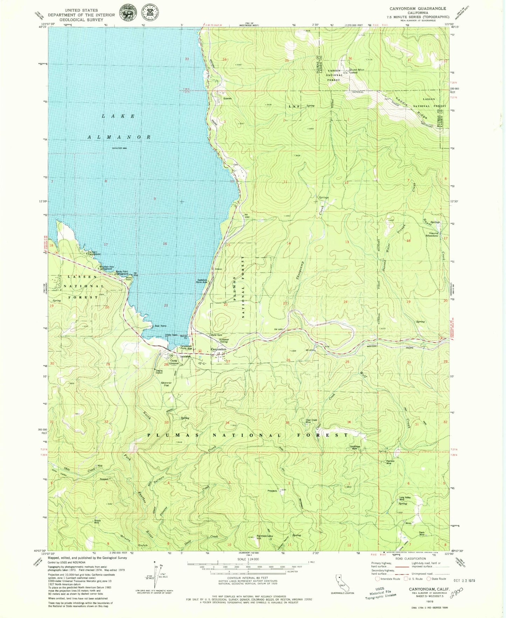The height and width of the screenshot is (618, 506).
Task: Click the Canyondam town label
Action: pyautogui.click(x=219, y=349)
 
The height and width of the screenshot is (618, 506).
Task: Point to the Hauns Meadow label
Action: pyautogui.click(x=432, y=235)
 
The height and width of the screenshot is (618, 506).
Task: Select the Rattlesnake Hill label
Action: pyautogui.click(x=264, y=537)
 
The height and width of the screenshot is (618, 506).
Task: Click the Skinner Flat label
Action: pyautogui.click(x=166, y=384)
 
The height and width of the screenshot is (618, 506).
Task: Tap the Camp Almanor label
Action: pyautogui.click(x=174, y=362)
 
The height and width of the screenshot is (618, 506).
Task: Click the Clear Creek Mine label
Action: pyautogui.click(x=311, y=421)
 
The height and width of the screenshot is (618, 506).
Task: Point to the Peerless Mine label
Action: pyautogui.click(x=390, y=462)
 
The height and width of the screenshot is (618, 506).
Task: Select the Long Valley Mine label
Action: pyautogui.click(x=405, y=498)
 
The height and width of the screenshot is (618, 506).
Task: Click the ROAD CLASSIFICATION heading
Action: pyautogui.click(x=410, y=559)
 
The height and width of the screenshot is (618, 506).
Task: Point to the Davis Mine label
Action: pyautogui.click(x=422, y=533)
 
